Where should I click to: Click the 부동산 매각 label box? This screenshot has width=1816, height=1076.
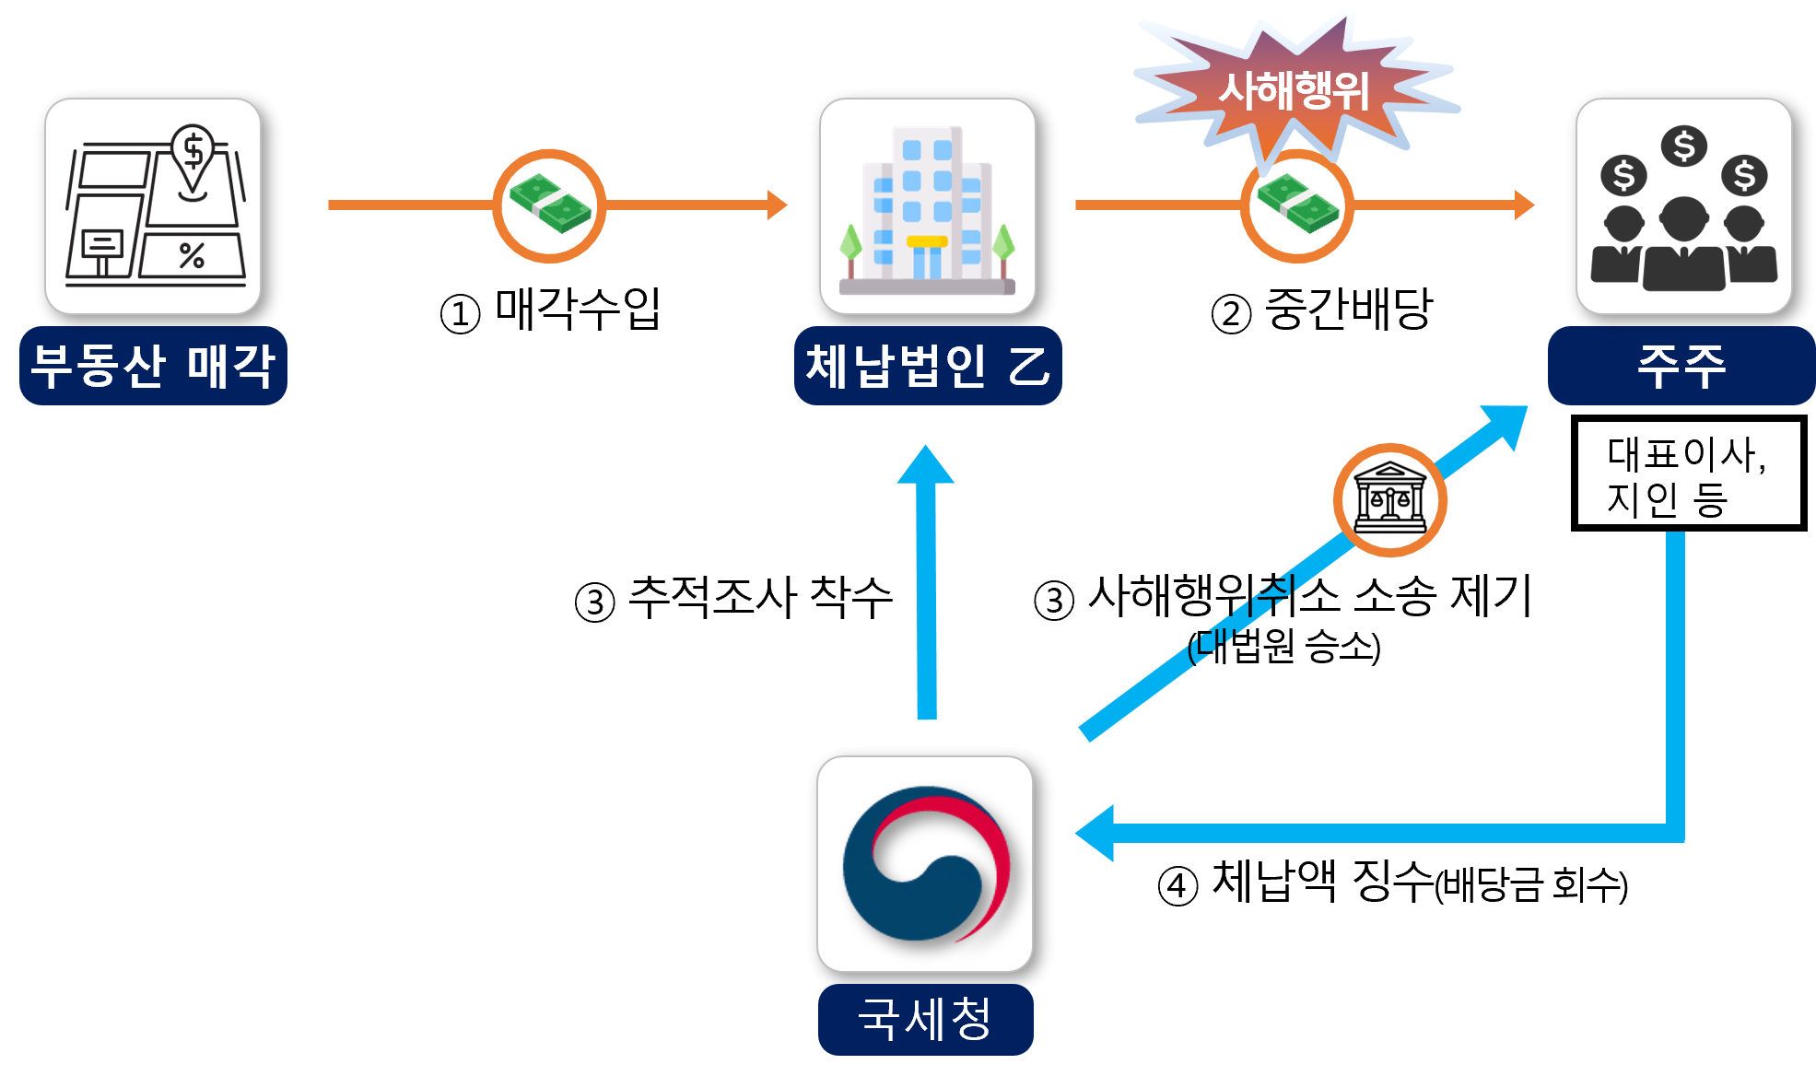153,366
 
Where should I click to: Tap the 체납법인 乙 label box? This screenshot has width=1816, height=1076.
927,366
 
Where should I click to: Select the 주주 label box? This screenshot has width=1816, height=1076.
1681,366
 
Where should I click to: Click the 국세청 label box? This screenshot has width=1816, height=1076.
925,1019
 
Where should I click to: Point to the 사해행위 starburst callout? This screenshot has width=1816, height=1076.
1294,89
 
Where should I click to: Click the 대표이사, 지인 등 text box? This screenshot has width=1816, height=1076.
1688,474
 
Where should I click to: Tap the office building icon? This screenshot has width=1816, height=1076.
927,206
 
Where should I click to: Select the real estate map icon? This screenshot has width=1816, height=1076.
153,206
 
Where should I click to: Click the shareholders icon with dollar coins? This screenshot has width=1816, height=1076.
1683,206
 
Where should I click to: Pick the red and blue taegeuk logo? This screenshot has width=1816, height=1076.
925,864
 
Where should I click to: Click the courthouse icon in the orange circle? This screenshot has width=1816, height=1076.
1389,500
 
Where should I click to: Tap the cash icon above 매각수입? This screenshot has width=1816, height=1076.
549,205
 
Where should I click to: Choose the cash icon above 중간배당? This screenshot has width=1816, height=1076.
1296,205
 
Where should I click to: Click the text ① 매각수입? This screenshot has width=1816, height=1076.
551,310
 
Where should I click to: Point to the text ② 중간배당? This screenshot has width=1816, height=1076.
1322,310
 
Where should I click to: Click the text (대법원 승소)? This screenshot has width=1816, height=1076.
1283,647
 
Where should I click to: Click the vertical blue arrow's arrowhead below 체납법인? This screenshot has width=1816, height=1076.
926,466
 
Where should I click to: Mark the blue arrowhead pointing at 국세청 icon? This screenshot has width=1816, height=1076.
1095,833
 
